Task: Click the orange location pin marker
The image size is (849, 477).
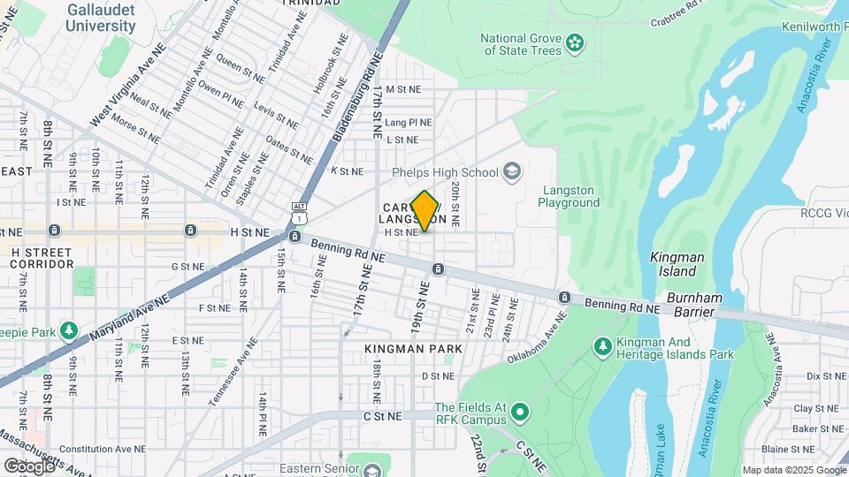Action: pyautogui.click(x=424, y=210)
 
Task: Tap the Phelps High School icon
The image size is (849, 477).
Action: pyautogui.click(x=511, y=170)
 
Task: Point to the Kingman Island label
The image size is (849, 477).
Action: pyautogui.click(x=677, y=264)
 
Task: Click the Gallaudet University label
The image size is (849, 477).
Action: pyautogui.click(x=100, y=18)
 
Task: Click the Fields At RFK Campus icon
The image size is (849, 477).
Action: pyautogui.click(x=520, y=413)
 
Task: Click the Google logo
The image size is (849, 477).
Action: pyautogui.click(x=28, y=466)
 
